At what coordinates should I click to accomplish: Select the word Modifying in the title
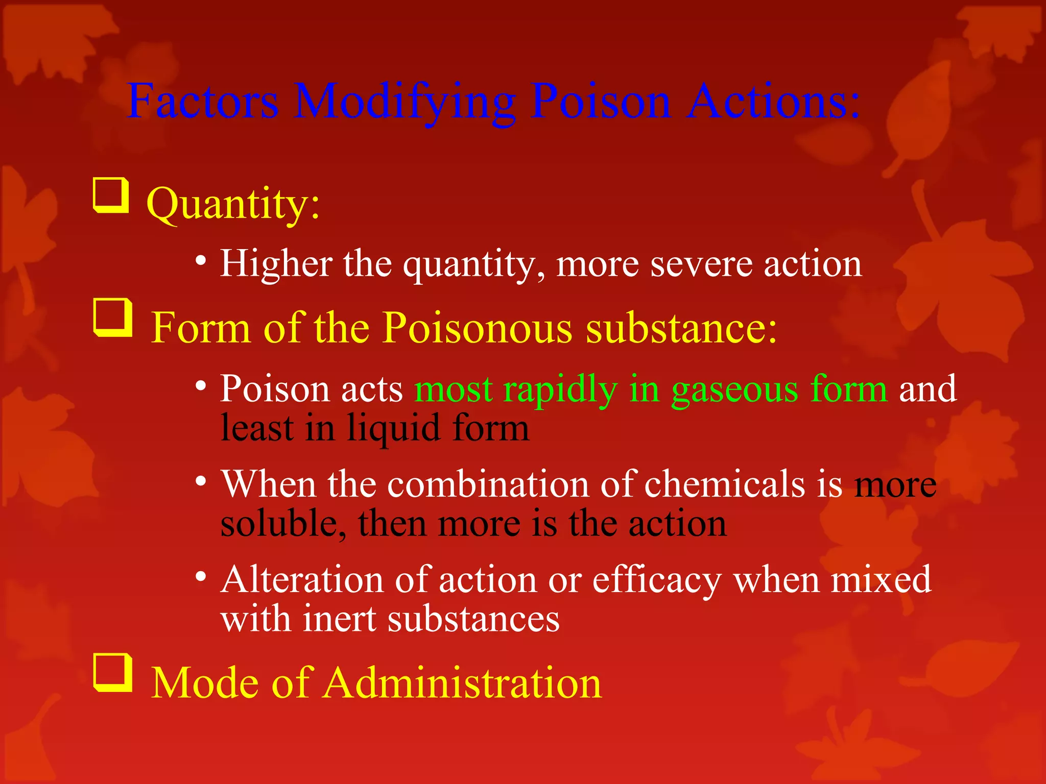(405, 102)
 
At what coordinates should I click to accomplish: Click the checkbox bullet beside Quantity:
(110, 195)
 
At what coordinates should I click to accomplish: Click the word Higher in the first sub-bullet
(276, 264)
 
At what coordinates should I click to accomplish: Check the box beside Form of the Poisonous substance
(113, 318)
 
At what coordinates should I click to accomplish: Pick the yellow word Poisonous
(477, 328)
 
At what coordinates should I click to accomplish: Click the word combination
(488, 484)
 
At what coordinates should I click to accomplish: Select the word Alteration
(302, 580)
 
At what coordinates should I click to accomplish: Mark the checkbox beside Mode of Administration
(113, 673)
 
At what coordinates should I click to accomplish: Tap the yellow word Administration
(463, 683)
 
